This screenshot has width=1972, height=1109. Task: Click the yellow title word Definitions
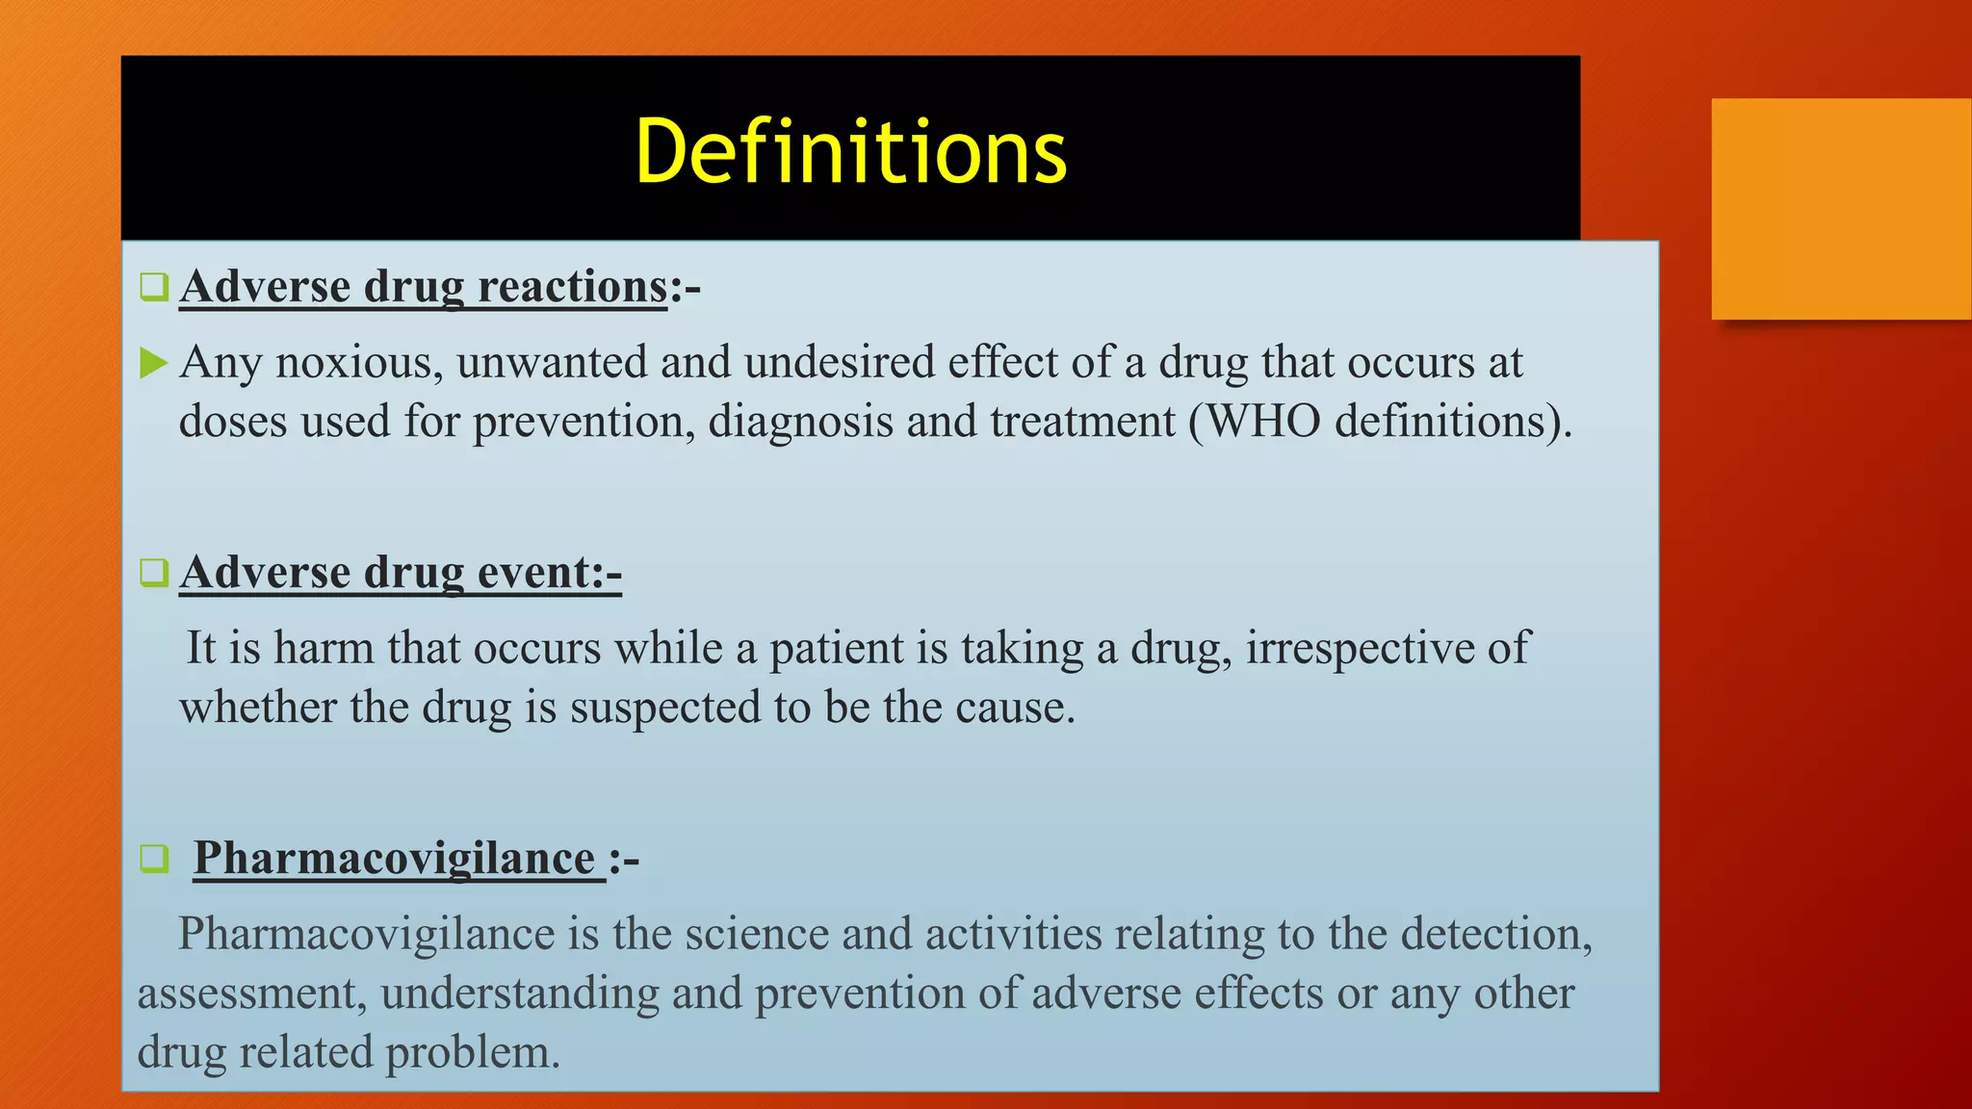point(851,151)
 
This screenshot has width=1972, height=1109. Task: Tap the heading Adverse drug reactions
point(424,287)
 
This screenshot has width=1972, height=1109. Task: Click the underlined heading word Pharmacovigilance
point(395,859)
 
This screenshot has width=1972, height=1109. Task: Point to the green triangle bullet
point(153,364)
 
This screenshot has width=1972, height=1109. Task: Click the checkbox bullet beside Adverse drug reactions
point(154,287)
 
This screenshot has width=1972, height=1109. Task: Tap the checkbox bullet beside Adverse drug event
point(154,573)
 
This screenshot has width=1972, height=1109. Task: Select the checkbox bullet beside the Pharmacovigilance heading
point(154,858)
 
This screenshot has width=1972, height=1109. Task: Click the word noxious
point(358,364)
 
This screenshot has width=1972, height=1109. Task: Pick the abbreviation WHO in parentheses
point(1263,422)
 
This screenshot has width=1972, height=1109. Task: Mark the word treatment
point(1082,422)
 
